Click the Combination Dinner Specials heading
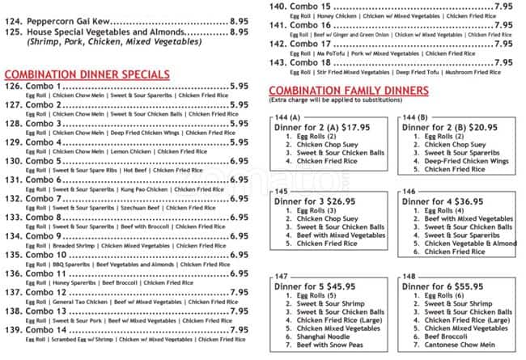[x=87, y=74]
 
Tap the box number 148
[x=414, y=276]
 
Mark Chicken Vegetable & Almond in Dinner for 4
[x=469, y=244]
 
